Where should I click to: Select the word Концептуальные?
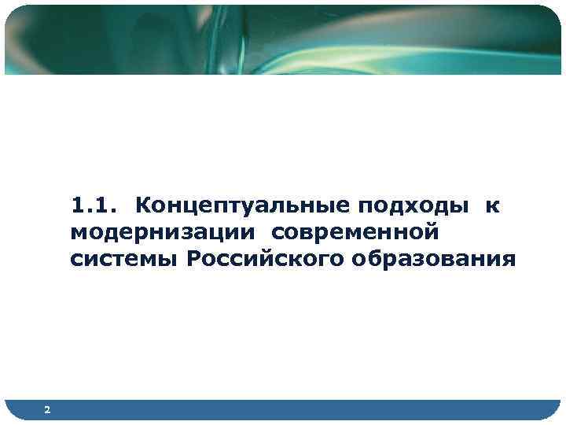point(241,206)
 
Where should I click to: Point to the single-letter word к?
point(492,207)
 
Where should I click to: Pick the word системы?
point(124,259)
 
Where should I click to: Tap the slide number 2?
point(48,410)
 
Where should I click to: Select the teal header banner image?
point(283,39)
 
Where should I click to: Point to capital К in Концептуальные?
point(143,206)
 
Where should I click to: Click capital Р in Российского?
point(194,259)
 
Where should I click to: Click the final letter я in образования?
point(510,260)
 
